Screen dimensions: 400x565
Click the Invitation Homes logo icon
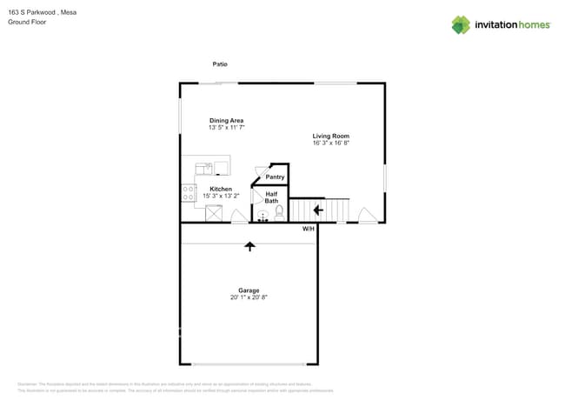[460, 25]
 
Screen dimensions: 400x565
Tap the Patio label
[220, 64]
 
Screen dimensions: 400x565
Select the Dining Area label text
[226, 121]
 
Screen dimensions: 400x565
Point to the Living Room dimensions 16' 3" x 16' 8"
[331, 143]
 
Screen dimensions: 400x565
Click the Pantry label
[275, 177]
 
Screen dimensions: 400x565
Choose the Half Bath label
[271, 197]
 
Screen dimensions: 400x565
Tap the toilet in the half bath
[279, 211]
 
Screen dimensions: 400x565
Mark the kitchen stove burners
[188, 194]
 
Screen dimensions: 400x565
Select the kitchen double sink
[204, 169]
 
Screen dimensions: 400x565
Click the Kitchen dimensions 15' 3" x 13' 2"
[221, 197]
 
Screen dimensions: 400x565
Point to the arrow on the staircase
[318, 210]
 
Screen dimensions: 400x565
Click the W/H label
[309, 229]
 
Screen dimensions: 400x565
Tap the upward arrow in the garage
[250, 246]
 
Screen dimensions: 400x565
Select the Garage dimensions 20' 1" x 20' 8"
[249, 297]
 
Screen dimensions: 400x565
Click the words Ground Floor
[27, 22]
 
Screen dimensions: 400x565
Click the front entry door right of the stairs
[368, 214]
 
